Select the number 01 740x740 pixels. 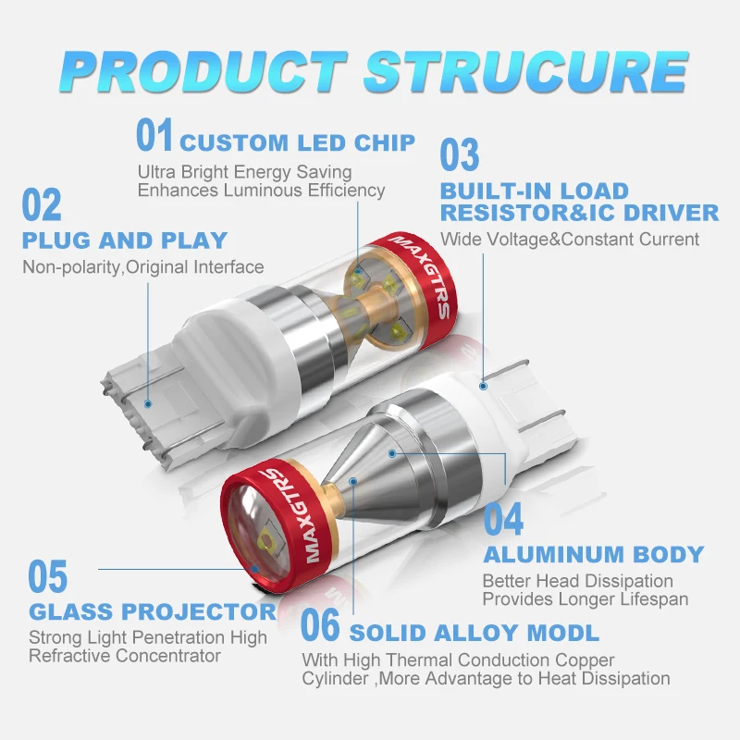click(155, 136)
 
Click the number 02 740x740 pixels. click(42, 205)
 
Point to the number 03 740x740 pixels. click(460, 154)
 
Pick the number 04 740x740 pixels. click(503, 520)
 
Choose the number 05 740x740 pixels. click(48, 577)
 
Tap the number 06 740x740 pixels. click(322, 626)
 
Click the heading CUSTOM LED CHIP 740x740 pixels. click(297, 143)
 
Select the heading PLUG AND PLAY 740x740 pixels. click(124, 240)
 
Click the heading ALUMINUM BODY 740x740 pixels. click(593, 555)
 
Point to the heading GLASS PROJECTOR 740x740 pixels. click(153, 611)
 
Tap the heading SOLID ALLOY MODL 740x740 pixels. click(474, 634)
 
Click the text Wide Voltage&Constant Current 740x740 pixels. click(570, 240)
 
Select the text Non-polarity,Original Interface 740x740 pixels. click(142, 267)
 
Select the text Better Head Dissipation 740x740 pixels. click(577, 582)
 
